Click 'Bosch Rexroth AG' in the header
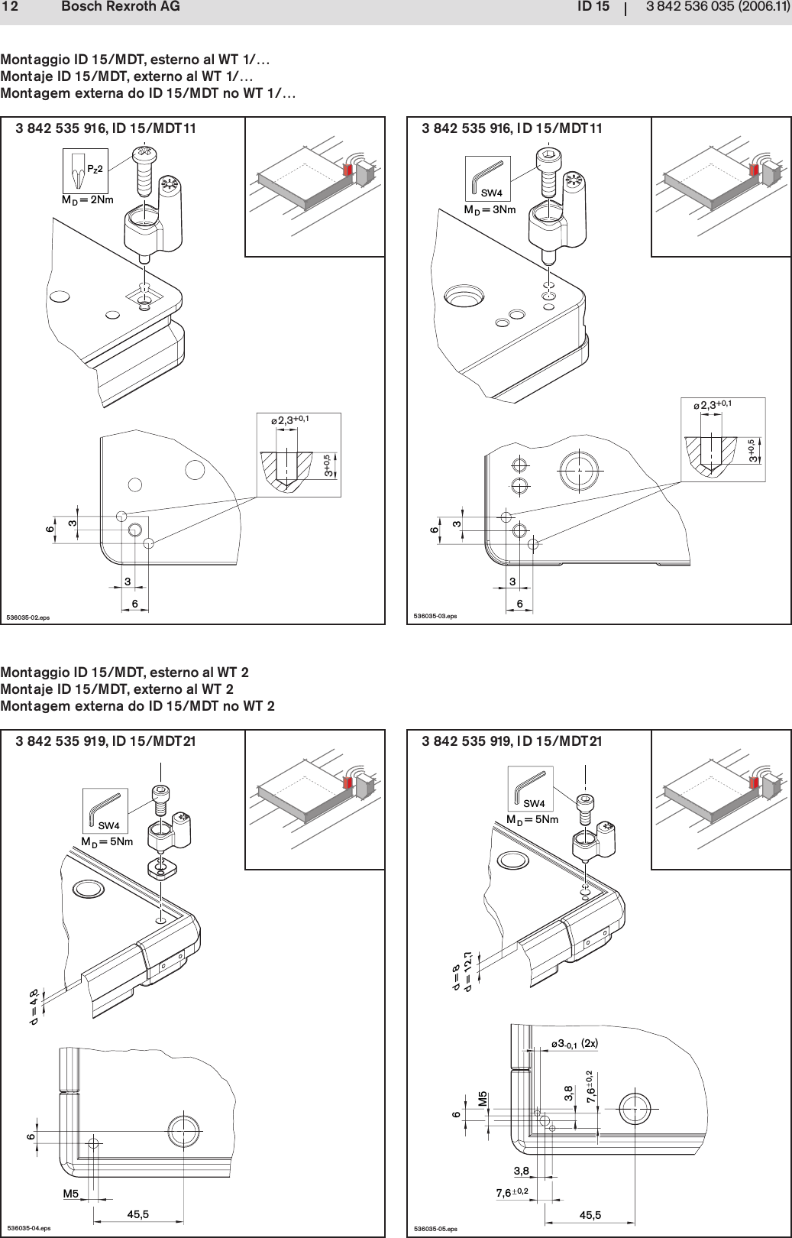click(x=120, y=8)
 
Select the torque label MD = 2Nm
click(x=87, y=200)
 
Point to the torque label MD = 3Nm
click(x=490, y=209)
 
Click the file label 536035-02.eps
click(x=27, y=616)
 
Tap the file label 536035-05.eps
click(x=435, y=1229)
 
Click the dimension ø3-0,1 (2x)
click(x=574, y=1043)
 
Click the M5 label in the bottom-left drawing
click(x=71, y=1193)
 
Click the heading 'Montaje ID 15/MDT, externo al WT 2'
click(x=126, y=689)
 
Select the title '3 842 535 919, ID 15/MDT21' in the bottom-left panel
click(x=105, y=741)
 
